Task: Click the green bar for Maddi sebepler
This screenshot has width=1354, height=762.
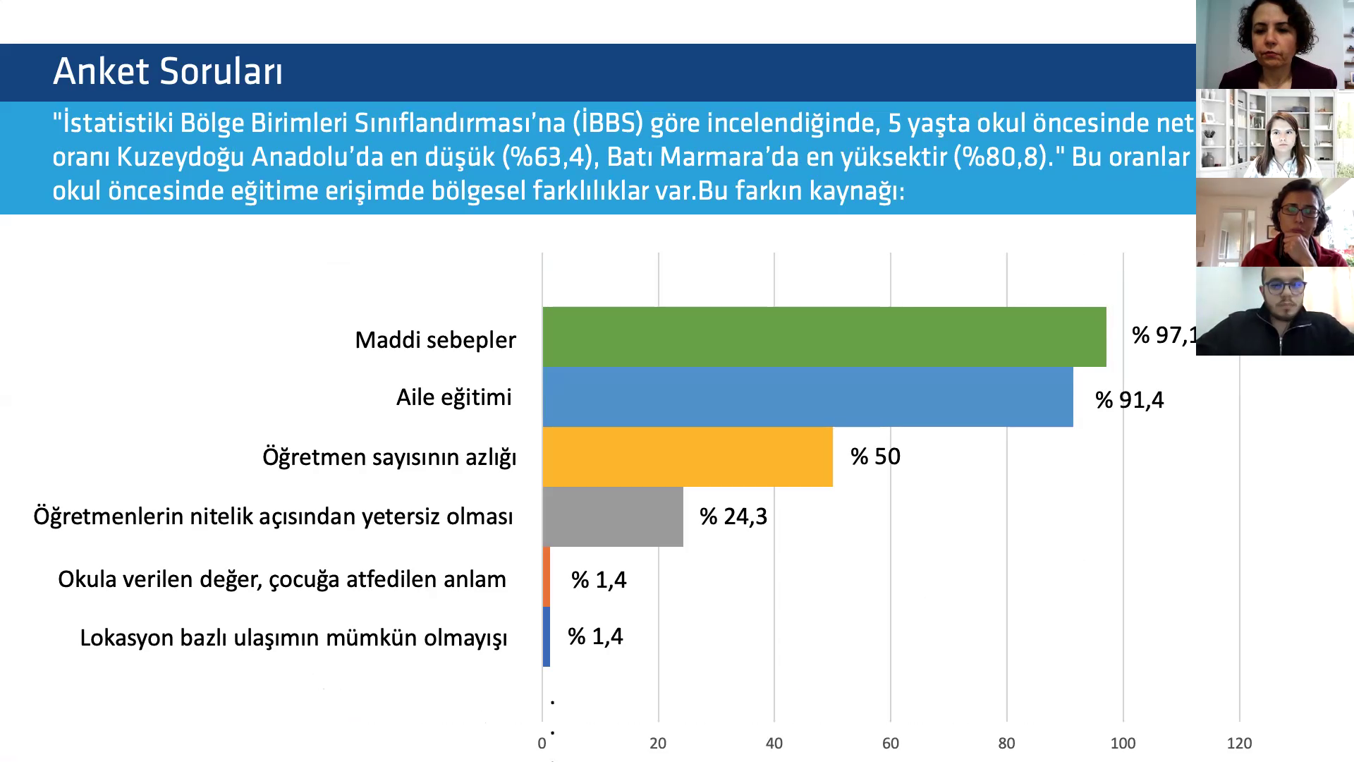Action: pos(824,337)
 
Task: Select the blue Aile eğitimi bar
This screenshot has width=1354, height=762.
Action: pos(807,397)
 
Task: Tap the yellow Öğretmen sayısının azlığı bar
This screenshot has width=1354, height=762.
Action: pos(687,456)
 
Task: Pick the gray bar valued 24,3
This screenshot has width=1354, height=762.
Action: pos(612,516)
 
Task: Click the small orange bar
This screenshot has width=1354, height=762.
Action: pos(547,576)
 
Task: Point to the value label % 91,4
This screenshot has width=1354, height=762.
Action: pos(1129,400)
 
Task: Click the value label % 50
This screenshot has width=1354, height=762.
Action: pos(875,456)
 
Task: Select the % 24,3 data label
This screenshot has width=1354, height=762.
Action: pos(733,516)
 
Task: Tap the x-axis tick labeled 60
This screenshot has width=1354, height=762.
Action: pos(890,743)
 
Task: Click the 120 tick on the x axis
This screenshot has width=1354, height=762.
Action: pos(1239,743)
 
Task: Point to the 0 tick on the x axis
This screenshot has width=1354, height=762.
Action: pos(542,743)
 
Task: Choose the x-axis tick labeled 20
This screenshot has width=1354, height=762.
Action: pos(658,743)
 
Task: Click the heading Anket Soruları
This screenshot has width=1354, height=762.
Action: pos(168,71)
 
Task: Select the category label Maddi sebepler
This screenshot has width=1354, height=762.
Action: pos(435,340)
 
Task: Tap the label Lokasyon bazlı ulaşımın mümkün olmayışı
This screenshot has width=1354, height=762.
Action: pos(293,638)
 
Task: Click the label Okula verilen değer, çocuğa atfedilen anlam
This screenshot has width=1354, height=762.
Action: pos(282,579)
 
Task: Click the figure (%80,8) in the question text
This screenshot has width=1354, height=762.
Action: pos(999,157)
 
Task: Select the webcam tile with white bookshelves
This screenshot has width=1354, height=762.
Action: pos(1275,133)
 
